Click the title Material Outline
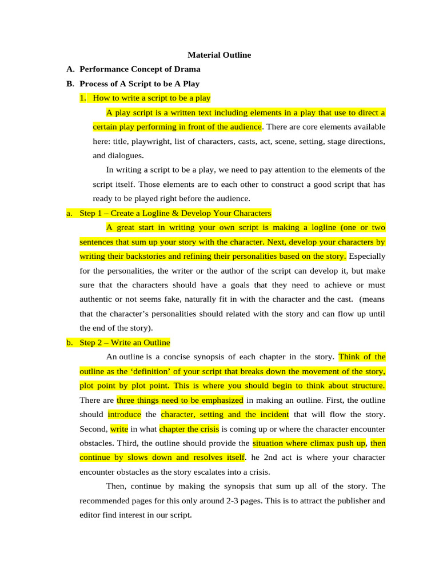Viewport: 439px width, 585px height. click(219, 55)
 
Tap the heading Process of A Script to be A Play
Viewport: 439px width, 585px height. click(139, 84)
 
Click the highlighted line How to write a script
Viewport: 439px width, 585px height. click(151, 98)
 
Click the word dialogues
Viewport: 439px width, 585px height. click(125, 155)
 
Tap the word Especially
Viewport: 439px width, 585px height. click(367, 256)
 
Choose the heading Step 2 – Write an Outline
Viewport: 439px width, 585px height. click(125, 343)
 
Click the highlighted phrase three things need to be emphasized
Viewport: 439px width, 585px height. click(180, 400)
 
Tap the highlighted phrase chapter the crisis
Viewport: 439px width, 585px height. click(189, 428)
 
